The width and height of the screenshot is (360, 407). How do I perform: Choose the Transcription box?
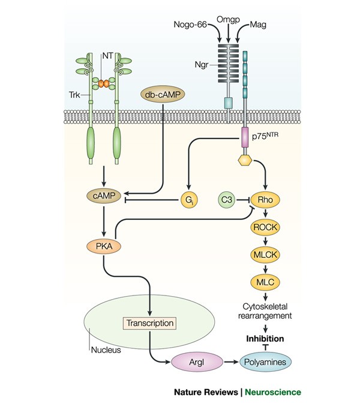click(x=149, y=323)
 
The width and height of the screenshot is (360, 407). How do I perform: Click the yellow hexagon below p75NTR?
click(x=245, y=161)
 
